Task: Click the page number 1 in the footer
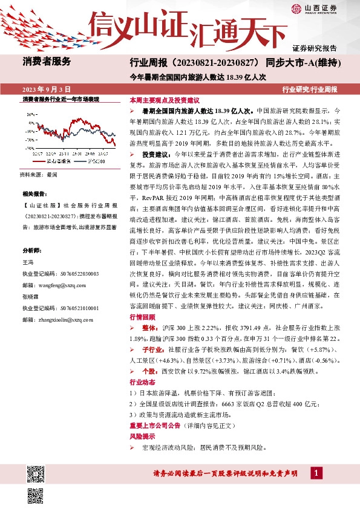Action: click(316, 472)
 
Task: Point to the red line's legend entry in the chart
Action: click(58, 161)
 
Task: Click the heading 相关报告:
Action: click(34, 194)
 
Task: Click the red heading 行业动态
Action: click(142, 382)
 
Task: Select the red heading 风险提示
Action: click(142, 436)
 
